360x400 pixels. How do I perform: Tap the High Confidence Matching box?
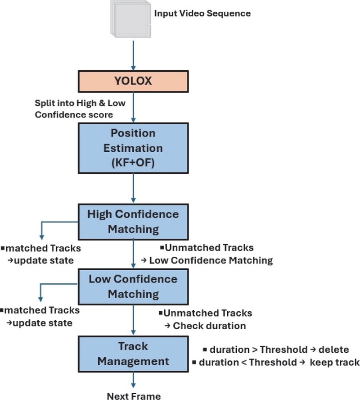133,221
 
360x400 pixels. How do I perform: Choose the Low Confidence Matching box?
133,286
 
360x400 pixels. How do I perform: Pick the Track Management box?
133,354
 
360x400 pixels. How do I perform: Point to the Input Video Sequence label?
202,13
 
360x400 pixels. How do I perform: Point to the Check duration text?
209,325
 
